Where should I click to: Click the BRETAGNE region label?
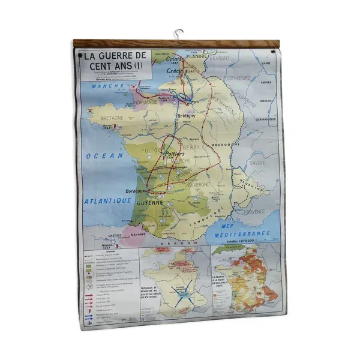coord(112,118)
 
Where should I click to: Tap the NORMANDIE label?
coord(148,102)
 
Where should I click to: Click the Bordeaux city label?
coord(136,191)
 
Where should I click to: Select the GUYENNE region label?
coord(149,203)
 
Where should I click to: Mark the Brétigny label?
coord(187,116)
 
